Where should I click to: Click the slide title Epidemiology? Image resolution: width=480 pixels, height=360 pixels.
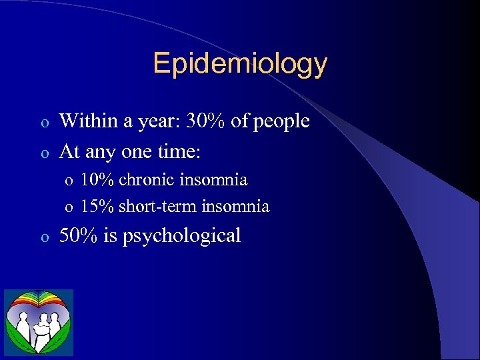point(240,64)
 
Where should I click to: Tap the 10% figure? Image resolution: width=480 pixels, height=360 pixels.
point(98,180)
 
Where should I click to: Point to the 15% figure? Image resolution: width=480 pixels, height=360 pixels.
point(98,207)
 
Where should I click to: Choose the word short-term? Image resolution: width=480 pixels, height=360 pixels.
point(158,207)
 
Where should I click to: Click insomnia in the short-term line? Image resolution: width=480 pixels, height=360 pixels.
point(236,207)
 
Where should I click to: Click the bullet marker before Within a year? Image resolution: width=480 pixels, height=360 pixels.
point(43,123)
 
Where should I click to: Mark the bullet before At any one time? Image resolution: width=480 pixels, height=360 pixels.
point(43,153)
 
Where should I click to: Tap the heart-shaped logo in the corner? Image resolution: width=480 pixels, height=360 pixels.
point(38,322)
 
